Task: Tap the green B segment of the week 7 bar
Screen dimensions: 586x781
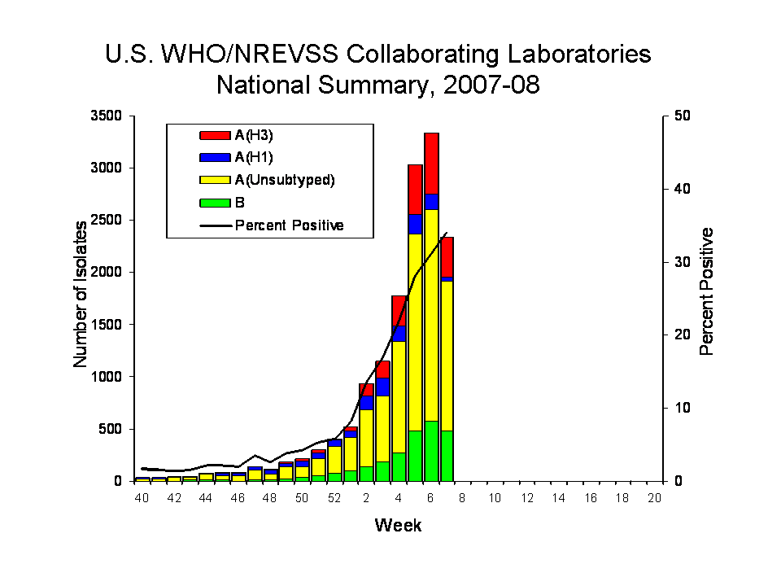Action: (x=447, y=455)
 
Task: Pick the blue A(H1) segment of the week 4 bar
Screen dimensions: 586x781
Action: (x=399, y=333)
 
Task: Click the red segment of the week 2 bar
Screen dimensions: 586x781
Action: (x=367, y=389)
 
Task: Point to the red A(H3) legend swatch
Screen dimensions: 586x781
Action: (x=214, y=135)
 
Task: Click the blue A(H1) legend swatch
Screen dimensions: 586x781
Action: (x=214, y=158)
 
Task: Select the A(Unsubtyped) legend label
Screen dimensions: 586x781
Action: (x=284, y=181)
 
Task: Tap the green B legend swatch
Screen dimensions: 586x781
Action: (x=214, y=203)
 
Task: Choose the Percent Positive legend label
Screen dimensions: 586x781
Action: (x=289, y=225)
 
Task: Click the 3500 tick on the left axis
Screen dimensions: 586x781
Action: (x=107, y=116)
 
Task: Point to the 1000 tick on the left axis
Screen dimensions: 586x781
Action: (x=107, y=377)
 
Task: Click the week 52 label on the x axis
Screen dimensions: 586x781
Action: (x=334, y=498)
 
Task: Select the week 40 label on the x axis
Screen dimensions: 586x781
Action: (x=142, y=498)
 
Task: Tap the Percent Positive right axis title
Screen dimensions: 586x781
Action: (x=706, y=291)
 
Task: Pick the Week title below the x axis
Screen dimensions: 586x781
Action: (x=398, y=525)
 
